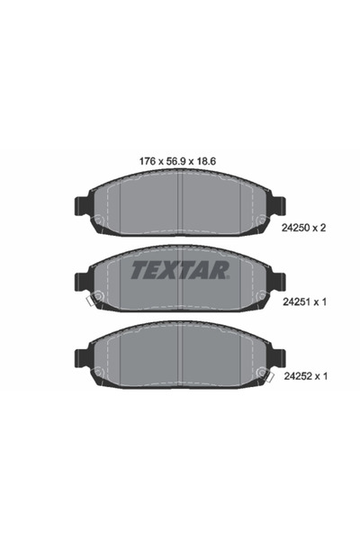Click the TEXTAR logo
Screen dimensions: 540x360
pos(180,269)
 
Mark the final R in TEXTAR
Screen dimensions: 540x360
pos(222,269)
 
